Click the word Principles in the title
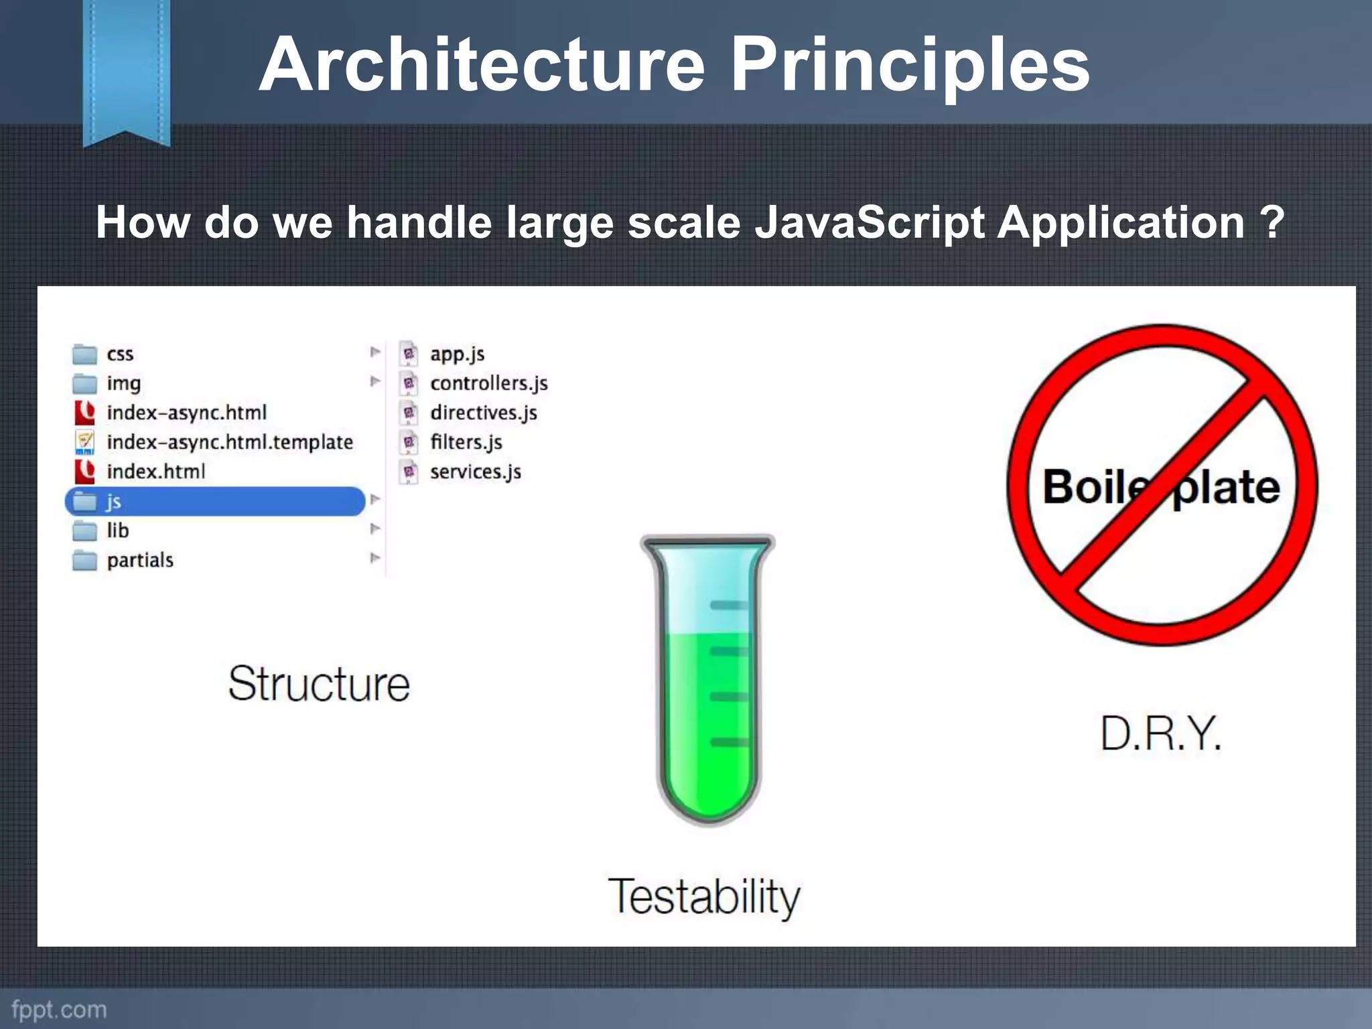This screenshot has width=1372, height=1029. [x=910, y=65]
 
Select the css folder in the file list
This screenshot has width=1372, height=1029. [x=119, y=354]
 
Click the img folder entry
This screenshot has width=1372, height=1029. [x=123, y=383]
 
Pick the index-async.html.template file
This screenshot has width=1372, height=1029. [x=229, y=442]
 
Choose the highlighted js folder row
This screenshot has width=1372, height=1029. [x=214, y=501]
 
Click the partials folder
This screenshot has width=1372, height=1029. [x=139, y=560]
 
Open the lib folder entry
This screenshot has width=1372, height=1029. [x=117, y=531]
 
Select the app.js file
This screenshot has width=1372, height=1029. [x=456, y=354]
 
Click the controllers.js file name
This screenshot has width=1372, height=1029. [x=488, y=383]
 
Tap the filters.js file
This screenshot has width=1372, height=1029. [x=466, y=442]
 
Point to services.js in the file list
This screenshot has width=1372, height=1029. [x=475, y=472]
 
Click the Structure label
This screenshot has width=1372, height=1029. [x=319, y=684]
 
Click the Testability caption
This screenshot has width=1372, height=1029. [x=704, y=896]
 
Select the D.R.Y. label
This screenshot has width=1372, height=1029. [x=1161, y=734]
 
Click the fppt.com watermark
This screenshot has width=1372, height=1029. [x=59, y=1009]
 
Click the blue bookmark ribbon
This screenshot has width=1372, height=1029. [x=127, y=67]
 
